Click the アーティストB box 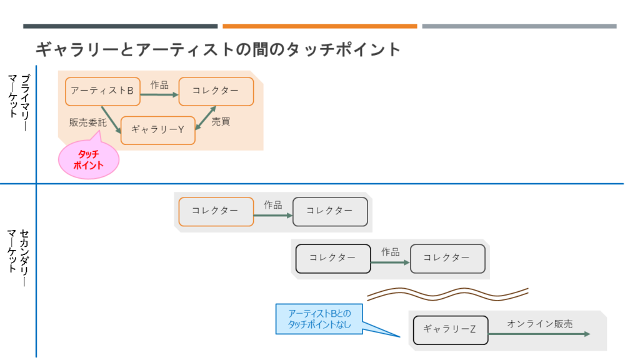click(x=102, y=91)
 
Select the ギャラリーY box click(x=158, y=130)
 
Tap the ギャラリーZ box click(x=451, y=330)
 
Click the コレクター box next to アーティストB click(x=216, y=91)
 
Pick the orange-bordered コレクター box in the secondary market click(x=216, y=211)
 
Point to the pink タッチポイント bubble click(x=89, y=159)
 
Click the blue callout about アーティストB click(x=319, y=319)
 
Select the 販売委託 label click(x=87, y=122)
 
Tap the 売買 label click(x=221, y=122)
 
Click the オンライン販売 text click(x=539, y=324)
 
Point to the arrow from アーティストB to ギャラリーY click(x=111, y=120)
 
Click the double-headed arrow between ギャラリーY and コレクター click(x=206, y=118)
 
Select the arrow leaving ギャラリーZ click(x=539, y=334)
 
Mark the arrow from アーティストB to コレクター click(x=159, y=95)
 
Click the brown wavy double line click(x=447, y=294)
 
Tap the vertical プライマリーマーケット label click(x=19, y=102)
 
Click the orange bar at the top click(x=319, y=26)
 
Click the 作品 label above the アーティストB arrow click(x=159, y=85)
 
